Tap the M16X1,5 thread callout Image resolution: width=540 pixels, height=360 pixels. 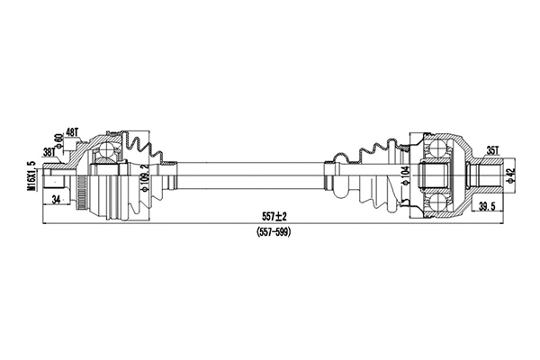pyautogui.click(x=29, y=175)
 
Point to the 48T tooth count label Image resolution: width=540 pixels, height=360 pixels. pyautogui.click(x=71, y=132)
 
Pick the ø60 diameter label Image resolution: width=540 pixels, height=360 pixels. pyautogui.click(x=57, y=141)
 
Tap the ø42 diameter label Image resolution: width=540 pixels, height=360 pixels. pyautogui.click(x=508, y=175)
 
